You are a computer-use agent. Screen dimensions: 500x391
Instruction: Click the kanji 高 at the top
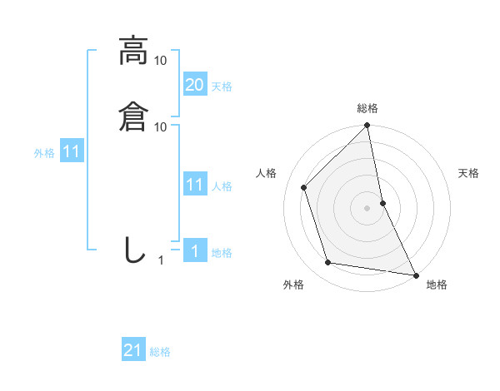(133, 52)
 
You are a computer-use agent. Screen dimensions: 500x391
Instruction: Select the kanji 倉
(133, 115)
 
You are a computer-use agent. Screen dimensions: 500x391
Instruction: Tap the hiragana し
(133, 250)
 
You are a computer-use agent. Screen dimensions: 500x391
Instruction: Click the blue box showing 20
(194, 84)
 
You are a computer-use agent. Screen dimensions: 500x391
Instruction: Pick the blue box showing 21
(133, 350)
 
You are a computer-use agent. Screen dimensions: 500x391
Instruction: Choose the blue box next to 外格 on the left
(71, 152)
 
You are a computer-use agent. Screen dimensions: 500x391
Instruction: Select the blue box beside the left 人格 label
(194, 185)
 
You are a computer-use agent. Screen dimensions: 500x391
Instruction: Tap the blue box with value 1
(194, 251)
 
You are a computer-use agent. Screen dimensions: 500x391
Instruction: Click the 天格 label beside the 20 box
(222, 87)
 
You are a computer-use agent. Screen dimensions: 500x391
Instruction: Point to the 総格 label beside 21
(160, 353)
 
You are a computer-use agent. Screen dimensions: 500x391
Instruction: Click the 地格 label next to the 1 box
(222, 253)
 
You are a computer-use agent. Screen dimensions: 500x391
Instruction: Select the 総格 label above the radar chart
(367, 108)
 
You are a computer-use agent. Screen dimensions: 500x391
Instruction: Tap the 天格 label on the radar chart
(468, 173)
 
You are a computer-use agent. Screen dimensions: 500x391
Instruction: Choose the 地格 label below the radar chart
(437, 285)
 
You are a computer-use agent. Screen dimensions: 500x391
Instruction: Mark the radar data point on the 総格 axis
(367, 126)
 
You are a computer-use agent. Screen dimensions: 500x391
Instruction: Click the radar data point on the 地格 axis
(415, 274)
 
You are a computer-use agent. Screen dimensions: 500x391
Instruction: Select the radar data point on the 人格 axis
(304, 187)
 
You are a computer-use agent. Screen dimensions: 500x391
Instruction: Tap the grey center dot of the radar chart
(367, 208)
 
